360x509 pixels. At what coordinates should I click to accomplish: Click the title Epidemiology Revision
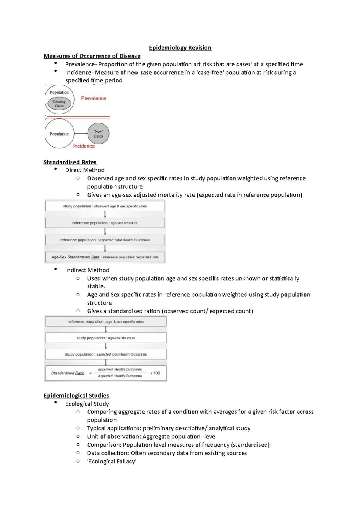180,48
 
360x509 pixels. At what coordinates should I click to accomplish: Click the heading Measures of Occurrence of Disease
92,56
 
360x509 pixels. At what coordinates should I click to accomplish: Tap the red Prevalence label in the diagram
94,98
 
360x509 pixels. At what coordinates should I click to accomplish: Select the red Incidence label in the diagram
84,146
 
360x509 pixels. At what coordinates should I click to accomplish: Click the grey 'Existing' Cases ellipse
59,104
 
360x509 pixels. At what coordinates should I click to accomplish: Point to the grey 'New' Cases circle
98,134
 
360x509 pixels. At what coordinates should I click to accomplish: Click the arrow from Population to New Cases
80,134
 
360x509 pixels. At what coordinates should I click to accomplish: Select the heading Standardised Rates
70,162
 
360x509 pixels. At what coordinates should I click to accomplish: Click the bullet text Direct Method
85,170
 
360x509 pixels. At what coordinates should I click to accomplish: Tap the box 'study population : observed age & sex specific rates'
105,206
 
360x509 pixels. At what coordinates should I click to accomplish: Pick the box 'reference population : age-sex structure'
105,223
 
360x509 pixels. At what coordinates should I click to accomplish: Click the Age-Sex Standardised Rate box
105,257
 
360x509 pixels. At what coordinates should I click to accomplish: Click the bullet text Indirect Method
87,270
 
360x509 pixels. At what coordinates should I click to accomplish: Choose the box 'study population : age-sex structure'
106,338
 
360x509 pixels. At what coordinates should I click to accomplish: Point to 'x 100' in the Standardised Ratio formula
155,373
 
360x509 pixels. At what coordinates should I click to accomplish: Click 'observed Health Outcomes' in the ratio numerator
120,369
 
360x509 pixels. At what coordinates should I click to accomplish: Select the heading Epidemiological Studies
76,396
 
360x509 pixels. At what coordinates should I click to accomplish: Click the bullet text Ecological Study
87,404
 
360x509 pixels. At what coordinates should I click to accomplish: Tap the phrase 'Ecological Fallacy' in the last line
112,461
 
